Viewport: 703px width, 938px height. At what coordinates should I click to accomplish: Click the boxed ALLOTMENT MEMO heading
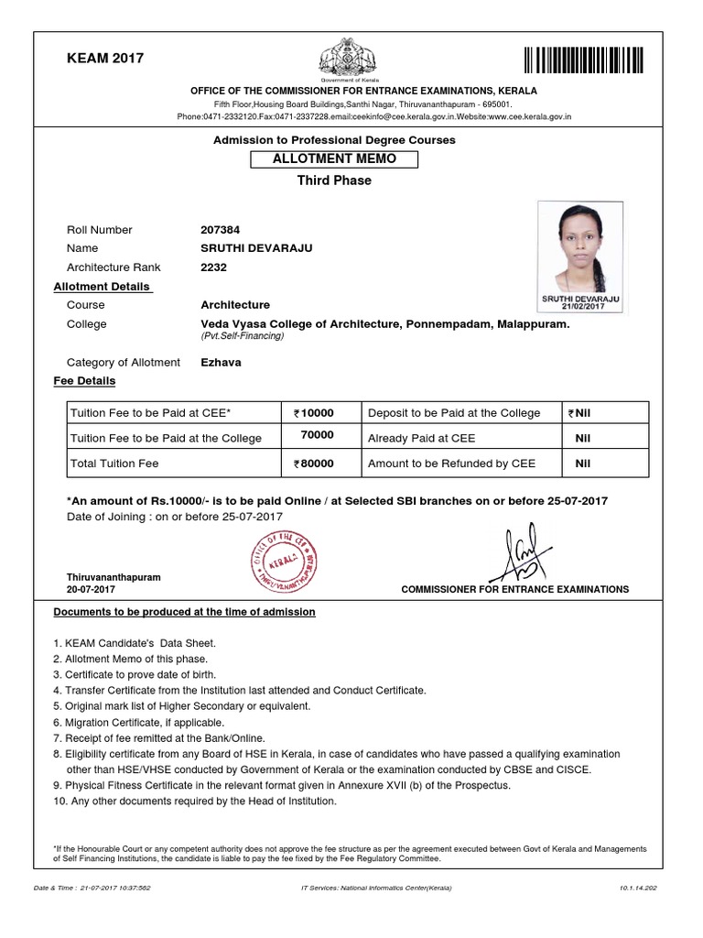click(x=334, y=159)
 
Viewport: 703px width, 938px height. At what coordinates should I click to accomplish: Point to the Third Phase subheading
click(x=334, y=180)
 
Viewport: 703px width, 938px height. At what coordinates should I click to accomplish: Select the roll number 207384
click(x=221, y=230)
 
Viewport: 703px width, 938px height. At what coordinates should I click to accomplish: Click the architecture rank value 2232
click(x=213, y=267)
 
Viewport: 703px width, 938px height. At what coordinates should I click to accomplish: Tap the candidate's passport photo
click(x=581, y=248)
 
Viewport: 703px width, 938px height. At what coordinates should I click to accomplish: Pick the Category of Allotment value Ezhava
click(x=221, y=363)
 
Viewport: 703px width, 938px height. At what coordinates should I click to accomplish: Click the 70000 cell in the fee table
click(x=317, y=436)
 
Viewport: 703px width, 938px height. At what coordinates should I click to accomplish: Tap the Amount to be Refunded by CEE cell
click(x=451, y=464)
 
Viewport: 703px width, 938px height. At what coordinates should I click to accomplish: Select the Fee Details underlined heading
click(x=84, y=381)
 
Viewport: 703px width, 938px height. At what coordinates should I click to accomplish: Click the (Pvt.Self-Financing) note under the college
click(x=242, y=337)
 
